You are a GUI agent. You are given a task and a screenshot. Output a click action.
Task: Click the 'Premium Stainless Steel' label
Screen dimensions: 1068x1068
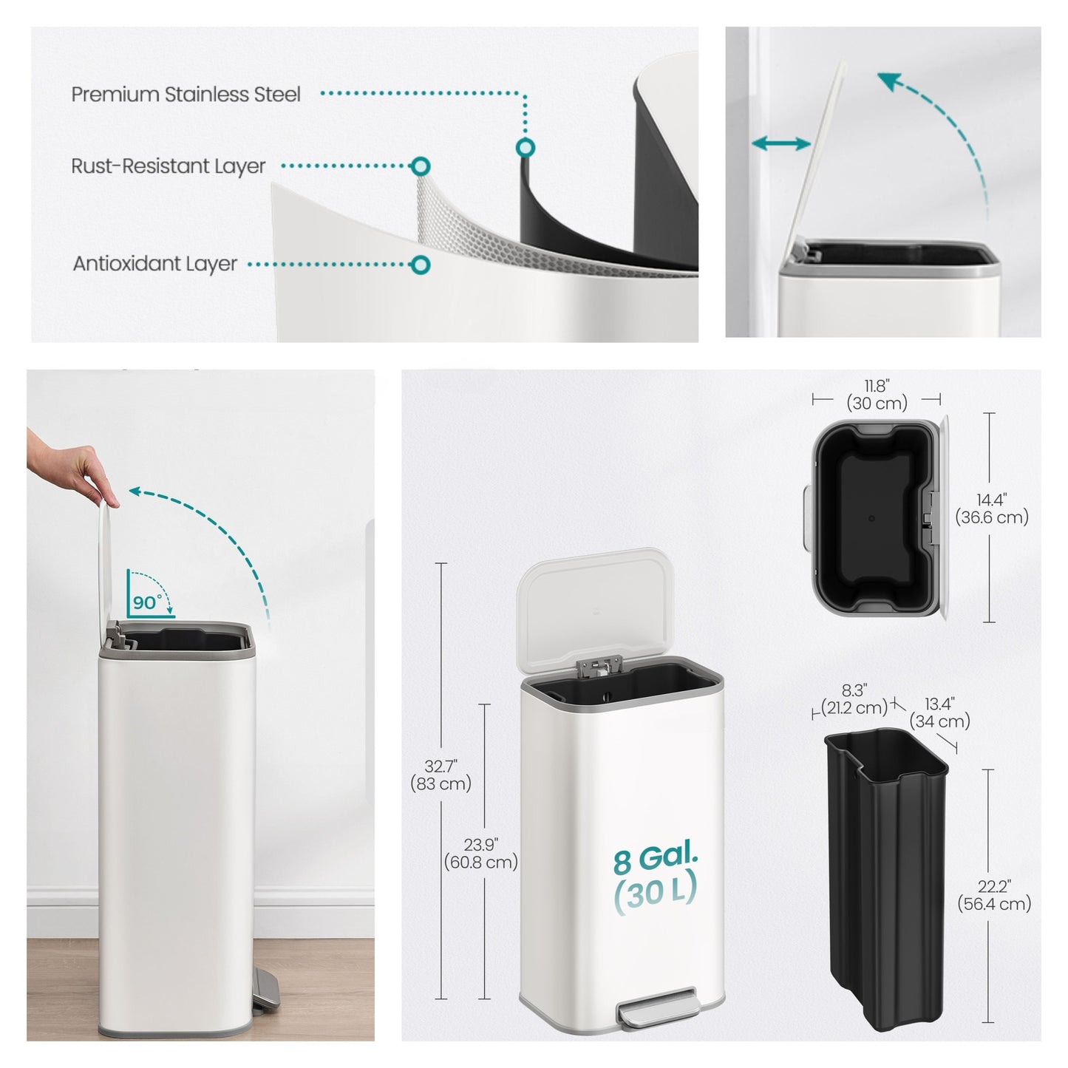(x=186, y=94)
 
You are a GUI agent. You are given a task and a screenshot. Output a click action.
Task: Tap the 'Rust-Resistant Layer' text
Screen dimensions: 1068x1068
(x=169, y=166)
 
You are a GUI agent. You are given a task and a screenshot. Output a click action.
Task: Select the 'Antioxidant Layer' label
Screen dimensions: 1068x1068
(x=155, y=264)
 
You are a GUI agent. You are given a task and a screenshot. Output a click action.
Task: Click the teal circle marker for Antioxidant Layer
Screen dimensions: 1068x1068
(x=421, y=265)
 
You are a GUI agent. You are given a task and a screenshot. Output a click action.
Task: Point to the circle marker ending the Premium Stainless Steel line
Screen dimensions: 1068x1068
(x=525, y=147)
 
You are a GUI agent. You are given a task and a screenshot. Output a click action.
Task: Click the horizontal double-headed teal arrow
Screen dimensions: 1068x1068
(x=781, y=143)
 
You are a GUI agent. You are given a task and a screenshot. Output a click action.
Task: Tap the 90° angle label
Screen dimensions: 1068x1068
(x=147, y=602)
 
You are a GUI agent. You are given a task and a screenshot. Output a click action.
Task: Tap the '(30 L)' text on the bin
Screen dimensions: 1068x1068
(x=655, y=894)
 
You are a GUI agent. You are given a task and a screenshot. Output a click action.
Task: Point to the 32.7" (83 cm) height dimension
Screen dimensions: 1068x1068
(x=441, y=775)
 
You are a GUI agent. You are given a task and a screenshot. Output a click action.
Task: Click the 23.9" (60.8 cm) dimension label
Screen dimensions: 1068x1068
(x=480, y=853)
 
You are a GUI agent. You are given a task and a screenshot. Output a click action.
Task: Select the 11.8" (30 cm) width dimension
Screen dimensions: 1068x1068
(x=877, y=394)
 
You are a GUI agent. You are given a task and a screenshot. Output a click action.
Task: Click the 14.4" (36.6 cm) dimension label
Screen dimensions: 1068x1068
(x=992, y=509)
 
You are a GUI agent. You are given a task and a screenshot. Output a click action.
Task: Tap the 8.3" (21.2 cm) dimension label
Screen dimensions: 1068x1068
(x=854, y=699)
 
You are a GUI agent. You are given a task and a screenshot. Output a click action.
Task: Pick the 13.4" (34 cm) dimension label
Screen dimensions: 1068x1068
(x=940, y=712)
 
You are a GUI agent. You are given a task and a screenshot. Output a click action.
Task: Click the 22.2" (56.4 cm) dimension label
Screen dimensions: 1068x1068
(x=994, y=903)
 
